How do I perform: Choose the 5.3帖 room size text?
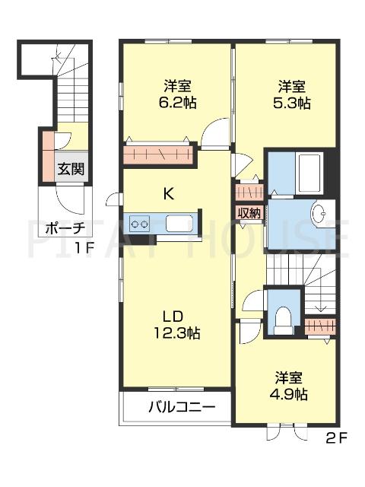tap(293, 103)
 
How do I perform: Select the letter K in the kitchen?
tap(168, 193)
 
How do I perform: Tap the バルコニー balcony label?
tap(182, 407)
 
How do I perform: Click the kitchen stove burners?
tap(140, 223)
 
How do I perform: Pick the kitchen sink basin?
tap(179, 224)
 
